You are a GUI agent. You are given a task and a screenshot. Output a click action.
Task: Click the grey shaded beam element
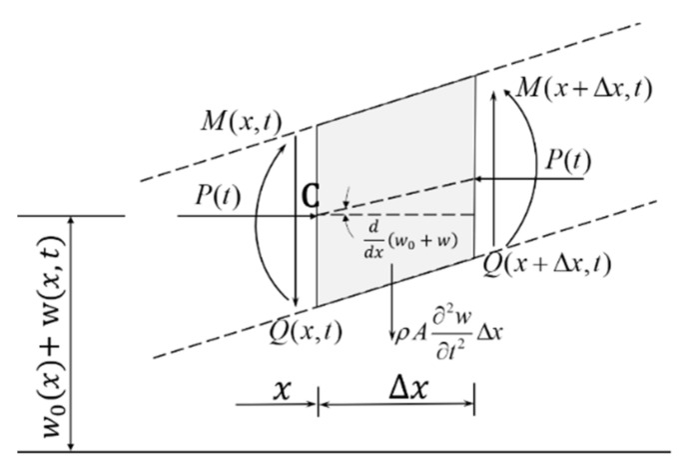pyautogui.click(x=399, y=150)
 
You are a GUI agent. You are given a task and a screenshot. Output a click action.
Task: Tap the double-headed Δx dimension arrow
pyautogui.click(x=396, y=406)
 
